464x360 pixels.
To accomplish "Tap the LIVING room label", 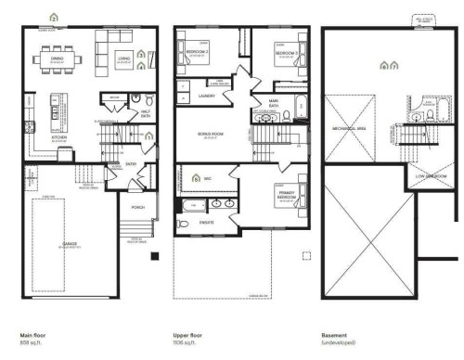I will (x=122, y=61).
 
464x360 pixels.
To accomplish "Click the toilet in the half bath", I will (x=135, y=97).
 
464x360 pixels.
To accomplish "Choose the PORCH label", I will (x=137, y=207).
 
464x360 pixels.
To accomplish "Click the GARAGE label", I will (x=70, y=244).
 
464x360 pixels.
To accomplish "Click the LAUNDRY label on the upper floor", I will (x=208, y=95).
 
